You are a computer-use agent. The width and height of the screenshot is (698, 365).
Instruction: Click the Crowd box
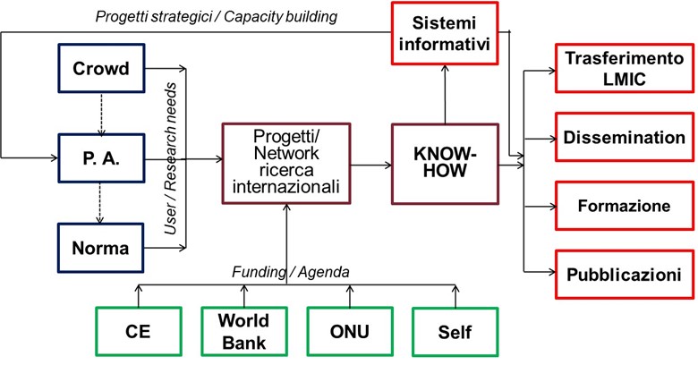[101, 68]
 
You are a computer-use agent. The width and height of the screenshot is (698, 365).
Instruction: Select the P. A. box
[101, 158]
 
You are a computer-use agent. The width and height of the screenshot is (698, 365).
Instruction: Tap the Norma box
[101, 248]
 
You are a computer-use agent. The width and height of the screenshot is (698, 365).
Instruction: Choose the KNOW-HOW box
[445, 164]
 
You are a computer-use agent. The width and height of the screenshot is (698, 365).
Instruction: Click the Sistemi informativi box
[445, 33]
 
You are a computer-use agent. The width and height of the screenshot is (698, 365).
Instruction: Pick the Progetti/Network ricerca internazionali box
[286, 164]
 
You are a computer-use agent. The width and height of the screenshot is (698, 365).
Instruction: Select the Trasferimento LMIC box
[625, 68]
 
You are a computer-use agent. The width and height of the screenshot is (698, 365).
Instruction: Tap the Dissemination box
[625, 137]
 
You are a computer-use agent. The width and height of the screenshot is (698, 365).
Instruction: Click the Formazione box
[625, 206]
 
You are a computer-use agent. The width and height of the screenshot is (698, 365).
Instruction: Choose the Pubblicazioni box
[625, 274]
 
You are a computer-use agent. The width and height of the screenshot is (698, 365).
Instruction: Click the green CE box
[139, 332]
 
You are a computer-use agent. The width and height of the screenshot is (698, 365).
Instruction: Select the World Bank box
[244, 332]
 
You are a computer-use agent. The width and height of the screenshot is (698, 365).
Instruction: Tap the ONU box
[350, 332]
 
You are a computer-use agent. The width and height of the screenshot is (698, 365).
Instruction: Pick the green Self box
[455, 332]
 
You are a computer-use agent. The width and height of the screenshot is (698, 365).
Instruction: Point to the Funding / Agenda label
[291, 272]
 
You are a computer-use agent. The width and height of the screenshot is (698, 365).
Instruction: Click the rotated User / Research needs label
[170, 158]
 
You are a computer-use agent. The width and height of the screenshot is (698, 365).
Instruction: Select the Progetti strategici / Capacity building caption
[217, 17]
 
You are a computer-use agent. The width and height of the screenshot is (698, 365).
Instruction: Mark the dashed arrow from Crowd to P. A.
[101, 114]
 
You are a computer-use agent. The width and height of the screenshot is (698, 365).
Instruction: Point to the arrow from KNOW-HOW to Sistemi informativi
[445, 94]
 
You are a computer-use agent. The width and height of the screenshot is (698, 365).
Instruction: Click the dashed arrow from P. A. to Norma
[100, 203]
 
